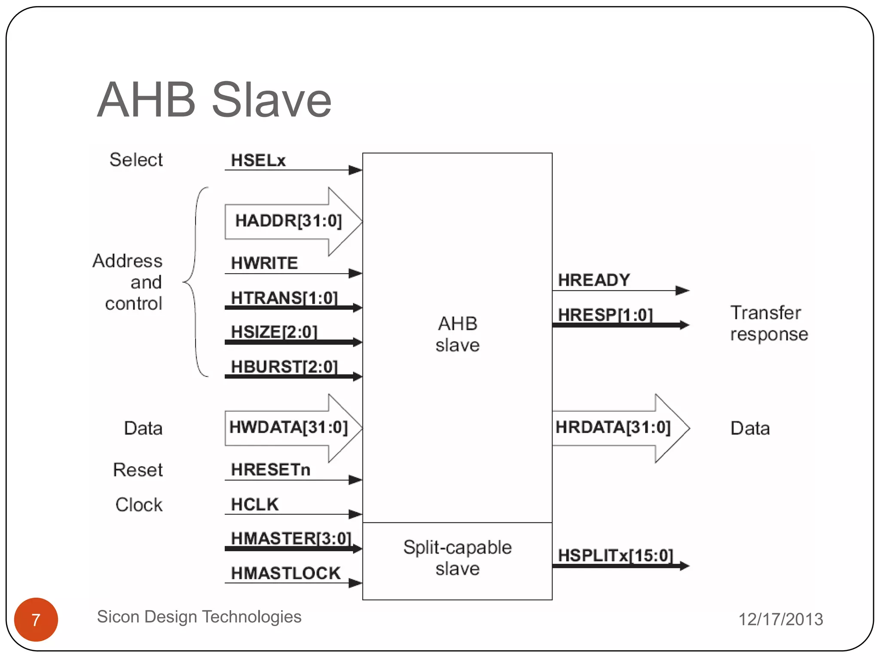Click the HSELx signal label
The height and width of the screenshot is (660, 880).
point(258,160)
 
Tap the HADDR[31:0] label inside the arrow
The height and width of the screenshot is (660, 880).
point(288,221)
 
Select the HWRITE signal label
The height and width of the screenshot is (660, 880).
point(264,263)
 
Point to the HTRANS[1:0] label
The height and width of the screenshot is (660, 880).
point(284,297)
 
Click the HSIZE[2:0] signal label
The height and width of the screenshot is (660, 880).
point(274,332)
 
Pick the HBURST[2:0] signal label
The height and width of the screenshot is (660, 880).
point(284,367)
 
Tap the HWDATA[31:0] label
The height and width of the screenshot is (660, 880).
point(288,427)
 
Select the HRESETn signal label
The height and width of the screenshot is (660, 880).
point(270,470)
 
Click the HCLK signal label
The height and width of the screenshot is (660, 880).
point(255,504)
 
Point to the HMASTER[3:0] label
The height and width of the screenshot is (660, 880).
point(291,538)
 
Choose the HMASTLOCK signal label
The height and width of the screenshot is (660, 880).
point(285,573)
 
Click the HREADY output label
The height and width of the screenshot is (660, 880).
point(594,280)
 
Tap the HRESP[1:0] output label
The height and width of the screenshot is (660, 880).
point(605,315)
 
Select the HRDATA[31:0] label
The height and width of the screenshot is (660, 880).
point(613,427)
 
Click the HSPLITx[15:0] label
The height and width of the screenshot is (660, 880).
point(615,555)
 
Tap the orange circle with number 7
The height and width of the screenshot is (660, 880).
point(36,619)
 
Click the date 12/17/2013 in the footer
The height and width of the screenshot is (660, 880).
point(780,619)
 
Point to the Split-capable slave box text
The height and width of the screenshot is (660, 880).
point(457,558)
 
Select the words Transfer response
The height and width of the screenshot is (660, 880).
point(769,323)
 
